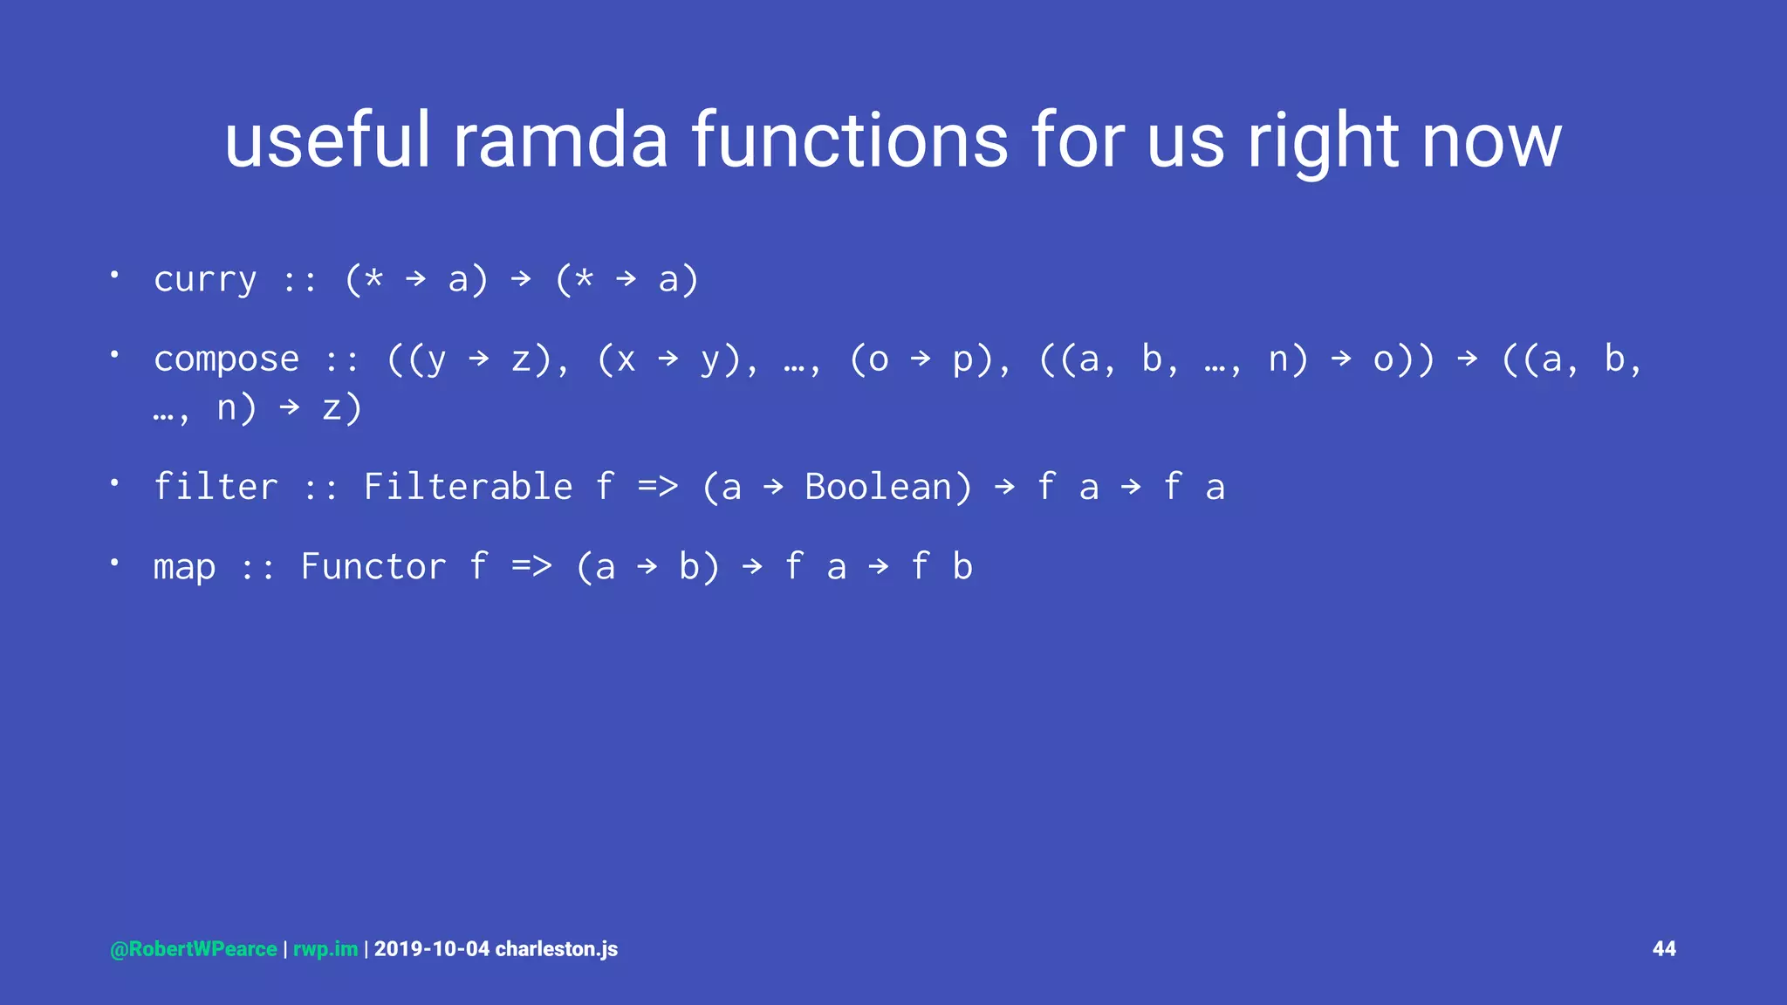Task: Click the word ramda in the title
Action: [x=560, y=141]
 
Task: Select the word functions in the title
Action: [x=850, y=141]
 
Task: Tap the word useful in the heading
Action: [x=328, y=141]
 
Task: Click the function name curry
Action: [x=205, y=280]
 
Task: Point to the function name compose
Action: [x=226, y=359]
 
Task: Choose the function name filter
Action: [x=216, y=487]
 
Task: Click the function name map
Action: [x=184, y=567]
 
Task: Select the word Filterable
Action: [x=468, y=487]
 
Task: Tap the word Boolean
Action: [x=887, y=487]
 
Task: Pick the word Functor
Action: [x=373, y=567]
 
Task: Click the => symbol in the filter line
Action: [x=657, y=487]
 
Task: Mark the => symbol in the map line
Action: [x=531, y=567]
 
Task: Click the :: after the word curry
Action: [x=300, y=280]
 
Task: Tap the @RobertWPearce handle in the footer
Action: [x=194, y=949]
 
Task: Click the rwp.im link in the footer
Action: [x=325, y=949]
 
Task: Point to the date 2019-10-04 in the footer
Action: [x=432, y=949]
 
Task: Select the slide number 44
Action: [x=1664, y=949]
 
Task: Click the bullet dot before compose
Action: [x=114, y=354]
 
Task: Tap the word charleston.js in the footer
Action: [x=557, y=949]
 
